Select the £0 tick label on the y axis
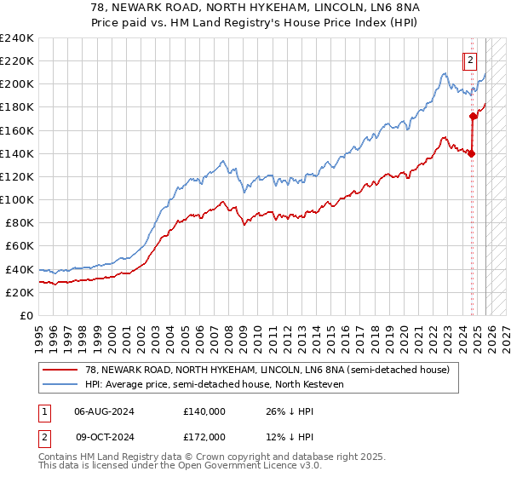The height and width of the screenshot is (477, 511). click(x=27, y=315)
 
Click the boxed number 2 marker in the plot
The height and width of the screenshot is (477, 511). click(x=469, y=60)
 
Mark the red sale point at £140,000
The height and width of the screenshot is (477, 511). click(x=471, y=153)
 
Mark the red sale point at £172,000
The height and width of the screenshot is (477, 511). click(x=474, y=117)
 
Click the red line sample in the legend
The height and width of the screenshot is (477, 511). click(x=60, y=371)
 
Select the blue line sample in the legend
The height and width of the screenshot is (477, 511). click(x=60, y=384)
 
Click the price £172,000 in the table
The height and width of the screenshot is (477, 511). click(x=204, y=436)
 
